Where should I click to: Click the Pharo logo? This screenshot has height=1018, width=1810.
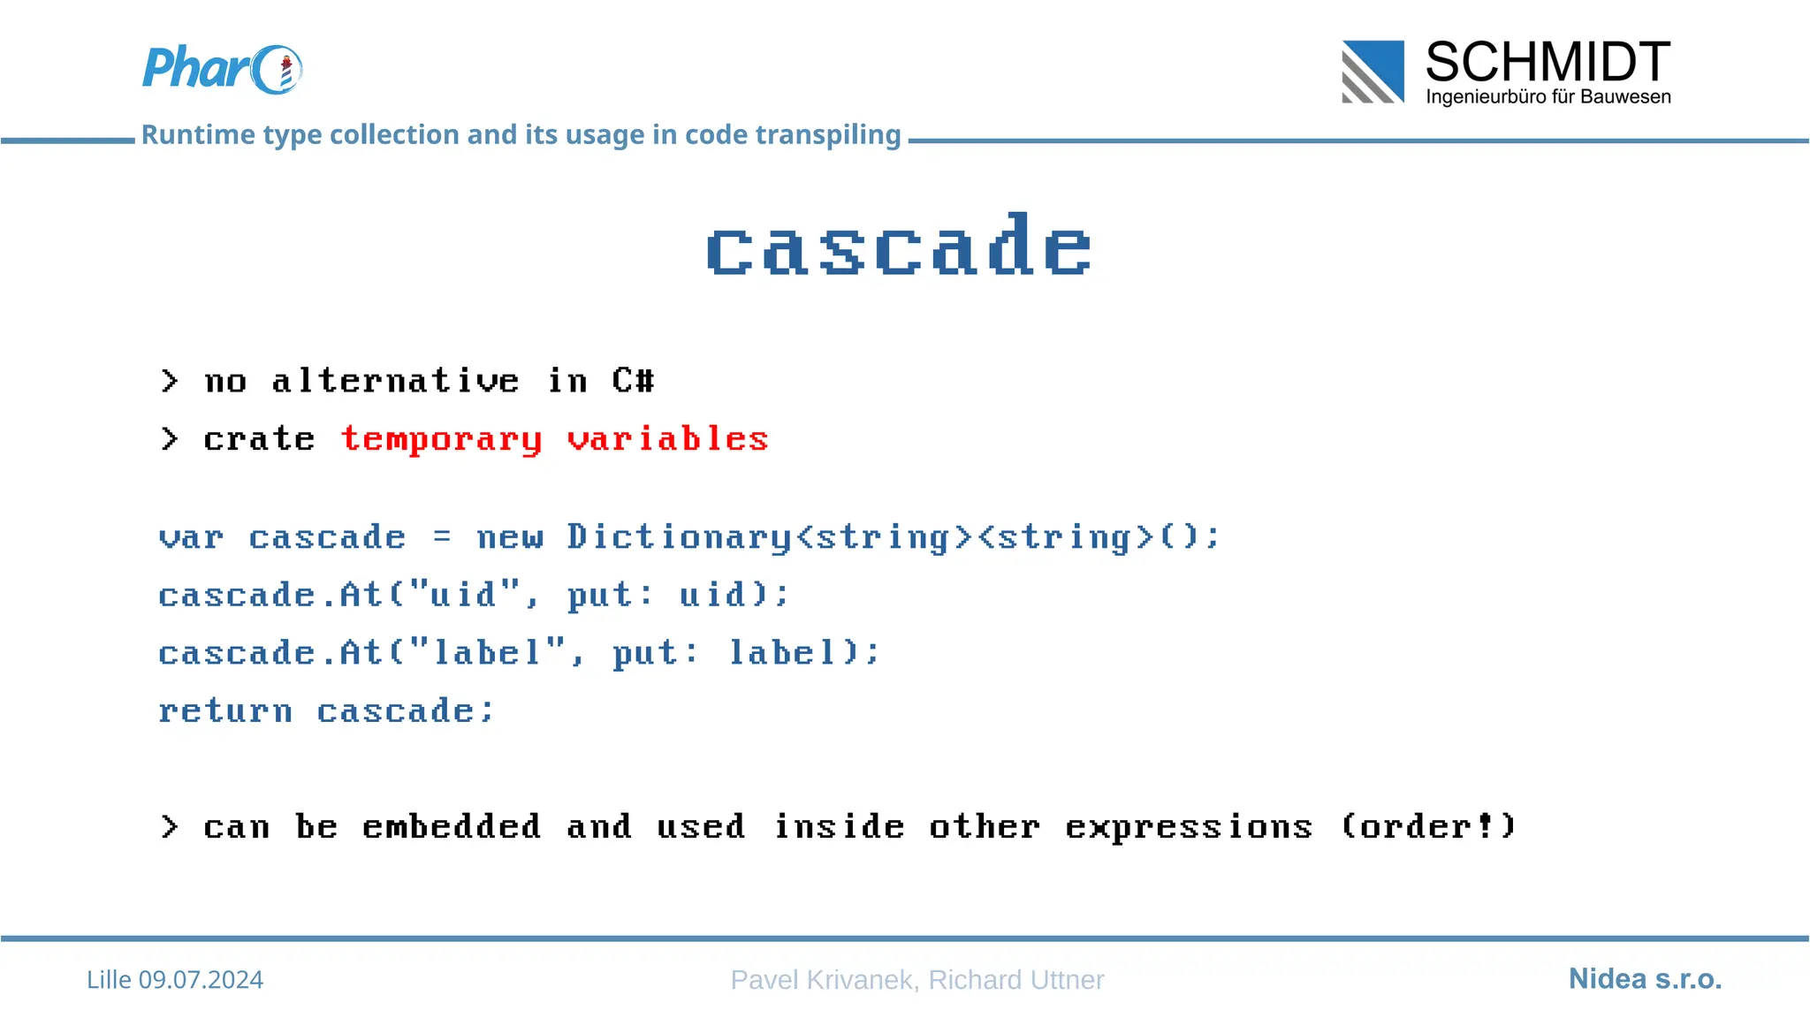point(221,69)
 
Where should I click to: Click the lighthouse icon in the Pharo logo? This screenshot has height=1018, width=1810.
point(285,72)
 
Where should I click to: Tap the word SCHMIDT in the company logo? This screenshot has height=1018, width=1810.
point(1547,62)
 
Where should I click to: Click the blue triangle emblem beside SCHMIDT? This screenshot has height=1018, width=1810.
point(1373,72)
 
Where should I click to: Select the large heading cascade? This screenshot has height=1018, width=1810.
point(899,247)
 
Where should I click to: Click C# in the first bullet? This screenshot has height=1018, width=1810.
point(633,381)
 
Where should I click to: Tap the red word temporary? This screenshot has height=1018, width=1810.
point(441,439)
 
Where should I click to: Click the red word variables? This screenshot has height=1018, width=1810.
point(667,439)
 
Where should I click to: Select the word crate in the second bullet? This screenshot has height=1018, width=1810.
point(259,439)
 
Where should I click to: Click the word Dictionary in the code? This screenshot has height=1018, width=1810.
point(679,537)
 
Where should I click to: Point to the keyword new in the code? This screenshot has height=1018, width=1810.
point(509,537)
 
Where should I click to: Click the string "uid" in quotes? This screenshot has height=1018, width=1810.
point(464,595)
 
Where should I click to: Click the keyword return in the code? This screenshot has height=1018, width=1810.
point(225,711)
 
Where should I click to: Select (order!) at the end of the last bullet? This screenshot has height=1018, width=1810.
point(1428,827)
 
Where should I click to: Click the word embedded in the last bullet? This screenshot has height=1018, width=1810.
point(452,827)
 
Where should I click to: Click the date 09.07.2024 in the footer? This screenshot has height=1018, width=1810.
point(201,980)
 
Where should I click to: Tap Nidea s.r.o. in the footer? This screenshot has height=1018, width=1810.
point(1645,979)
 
